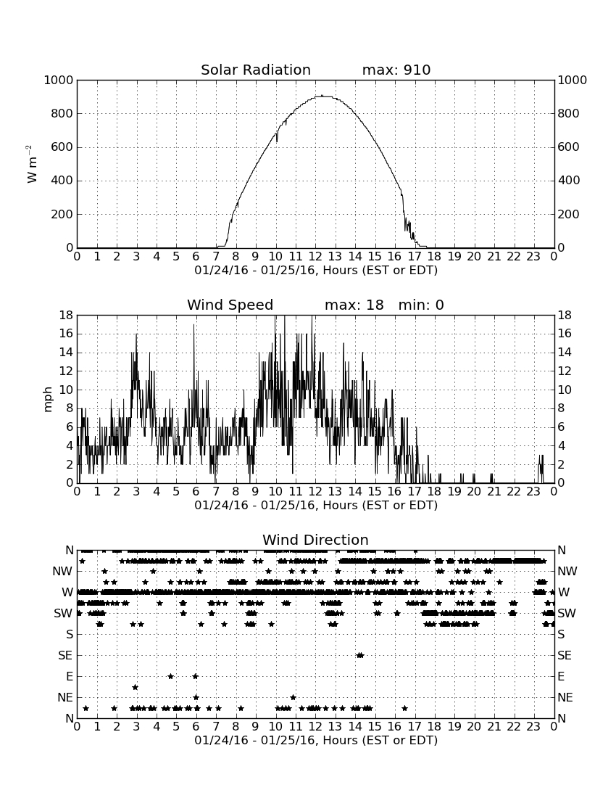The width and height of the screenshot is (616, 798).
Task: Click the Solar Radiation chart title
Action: [x=256, y=70]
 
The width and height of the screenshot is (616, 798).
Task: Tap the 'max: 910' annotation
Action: [x=396, y=70]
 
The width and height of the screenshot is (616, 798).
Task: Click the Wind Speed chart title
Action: [x=230, y=305]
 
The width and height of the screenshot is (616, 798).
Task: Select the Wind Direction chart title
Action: [x=315, y=540]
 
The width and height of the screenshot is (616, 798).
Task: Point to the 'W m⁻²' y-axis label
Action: [x=31, y=164]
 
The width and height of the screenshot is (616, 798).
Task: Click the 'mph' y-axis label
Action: [x=48, y=400]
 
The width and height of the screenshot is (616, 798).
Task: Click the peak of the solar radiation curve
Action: [x=322, y=96]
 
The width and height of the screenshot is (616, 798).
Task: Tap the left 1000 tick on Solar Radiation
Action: [x=59, y=80]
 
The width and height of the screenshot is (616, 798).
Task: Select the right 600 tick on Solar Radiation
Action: [x=569, y=147]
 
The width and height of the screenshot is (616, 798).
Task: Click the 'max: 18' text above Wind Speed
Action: [x=354, y=305]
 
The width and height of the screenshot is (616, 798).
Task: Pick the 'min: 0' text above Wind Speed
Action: [x=421, y=305]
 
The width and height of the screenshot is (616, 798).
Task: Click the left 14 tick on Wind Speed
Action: [x=67, y=353]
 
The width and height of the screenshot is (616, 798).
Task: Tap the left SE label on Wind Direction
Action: [x=65, y=656]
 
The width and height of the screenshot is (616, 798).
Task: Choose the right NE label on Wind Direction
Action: [x=565, y=698]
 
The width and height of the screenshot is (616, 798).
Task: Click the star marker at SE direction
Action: [x=360, y=656]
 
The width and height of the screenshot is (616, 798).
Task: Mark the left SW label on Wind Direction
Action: [x=63, y=613]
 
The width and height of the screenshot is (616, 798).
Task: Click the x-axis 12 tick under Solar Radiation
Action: [x=315, y=256]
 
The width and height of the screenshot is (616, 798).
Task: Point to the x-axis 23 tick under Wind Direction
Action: [x=533, y=726]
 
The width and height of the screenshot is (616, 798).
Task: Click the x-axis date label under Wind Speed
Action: [x=316, y=506]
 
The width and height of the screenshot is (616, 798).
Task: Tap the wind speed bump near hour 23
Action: [x=541, y=469]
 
